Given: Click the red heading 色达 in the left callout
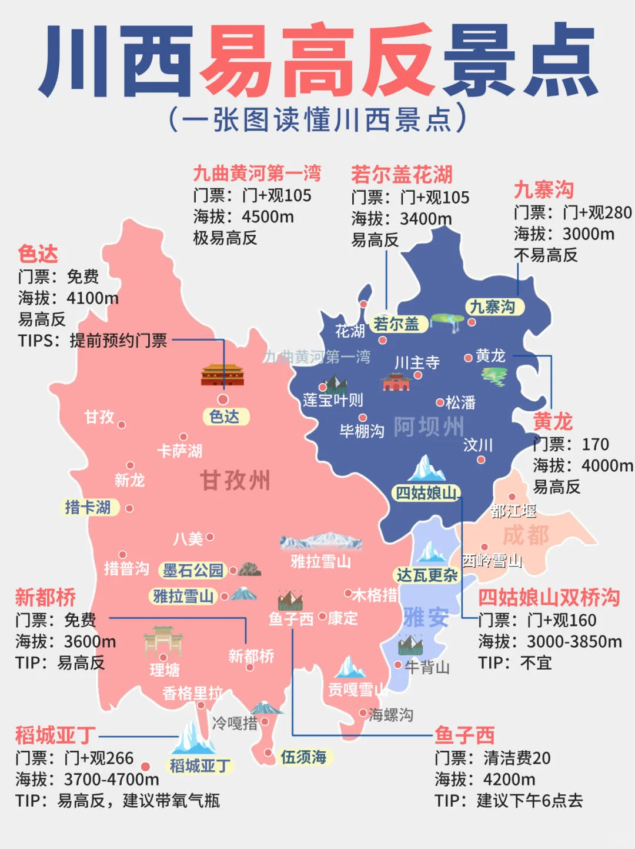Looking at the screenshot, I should point(38,254).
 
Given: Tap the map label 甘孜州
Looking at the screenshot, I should point(235,480).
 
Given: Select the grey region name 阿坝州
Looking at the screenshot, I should point(429,427).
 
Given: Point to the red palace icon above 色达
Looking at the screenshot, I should point(222,375).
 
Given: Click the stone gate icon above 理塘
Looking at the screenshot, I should point(163,641).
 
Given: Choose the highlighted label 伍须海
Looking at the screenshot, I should point(303,757).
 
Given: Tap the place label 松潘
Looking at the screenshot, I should point(460,402).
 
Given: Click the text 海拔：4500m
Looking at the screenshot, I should point(243,217).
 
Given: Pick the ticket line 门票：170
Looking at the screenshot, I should point(570,444).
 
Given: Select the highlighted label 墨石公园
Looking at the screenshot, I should point(193,570).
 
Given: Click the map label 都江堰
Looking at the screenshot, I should point(513,511).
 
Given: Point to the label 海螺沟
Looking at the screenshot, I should point(391,715).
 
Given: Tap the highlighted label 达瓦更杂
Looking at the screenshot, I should point(427,575).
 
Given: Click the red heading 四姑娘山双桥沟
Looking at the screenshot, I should point(549,597).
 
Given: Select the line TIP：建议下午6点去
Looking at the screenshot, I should point(509,801).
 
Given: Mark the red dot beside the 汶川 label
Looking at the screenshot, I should point(481,460).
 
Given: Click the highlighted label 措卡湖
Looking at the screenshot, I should point(88,507).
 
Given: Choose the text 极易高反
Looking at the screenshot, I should point(225,238).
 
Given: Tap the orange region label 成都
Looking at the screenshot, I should point(526,535).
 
